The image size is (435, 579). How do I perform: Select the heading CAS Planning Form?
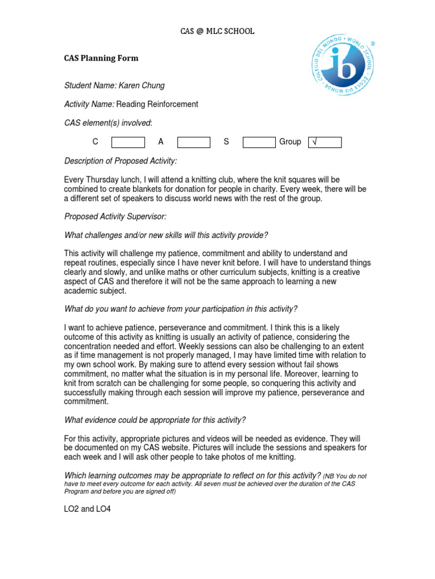point(101,58)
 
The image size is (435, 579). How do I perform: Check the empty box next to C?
point(128,142)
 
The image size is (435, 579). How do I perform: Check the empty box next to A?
point(194,142)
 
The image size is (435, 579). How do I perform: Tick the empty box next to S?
point(259,142)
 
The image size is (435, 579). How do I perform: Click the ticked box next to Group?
point(325,142)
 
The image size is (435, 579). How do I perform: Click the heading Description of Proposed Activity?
point(121,161)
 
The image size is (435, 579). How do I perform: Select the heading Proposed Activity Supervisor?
point(116,217)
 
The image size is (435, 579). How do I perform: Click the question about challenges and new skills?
point(166,235)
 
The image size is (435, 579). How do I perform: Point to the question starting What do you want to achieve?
point(181,309)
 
